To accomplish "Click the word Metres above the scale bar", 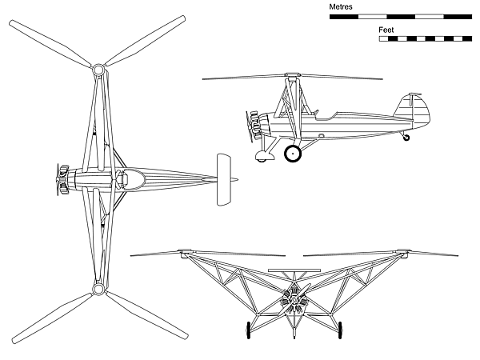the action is point(341,6).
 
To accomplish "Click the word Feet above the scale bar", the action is point(386,30).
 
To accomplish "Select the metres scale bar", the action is point(401,17).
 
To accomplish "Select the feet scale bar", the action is point(426,39).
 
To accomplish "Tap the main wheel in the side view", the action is point(293,154).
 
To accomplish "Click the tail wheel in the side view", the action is point(406,138).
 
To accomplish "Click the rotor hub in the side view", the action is point(292,75).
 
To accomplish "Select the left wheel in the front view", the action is point(248,330).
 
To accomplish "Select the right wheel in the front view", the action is point(340,330).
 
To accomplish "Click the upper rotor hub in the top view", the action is point(98,70).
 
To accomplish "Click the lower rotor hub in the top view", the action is point(98,289).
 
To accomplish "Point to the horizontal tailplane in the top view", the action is point(224,180).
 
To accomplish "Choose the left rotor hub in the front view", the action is point(186,252).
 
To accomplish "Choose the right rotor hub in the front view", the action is point(403,252).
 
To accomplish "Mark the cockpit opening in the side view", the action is point(326,115).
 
